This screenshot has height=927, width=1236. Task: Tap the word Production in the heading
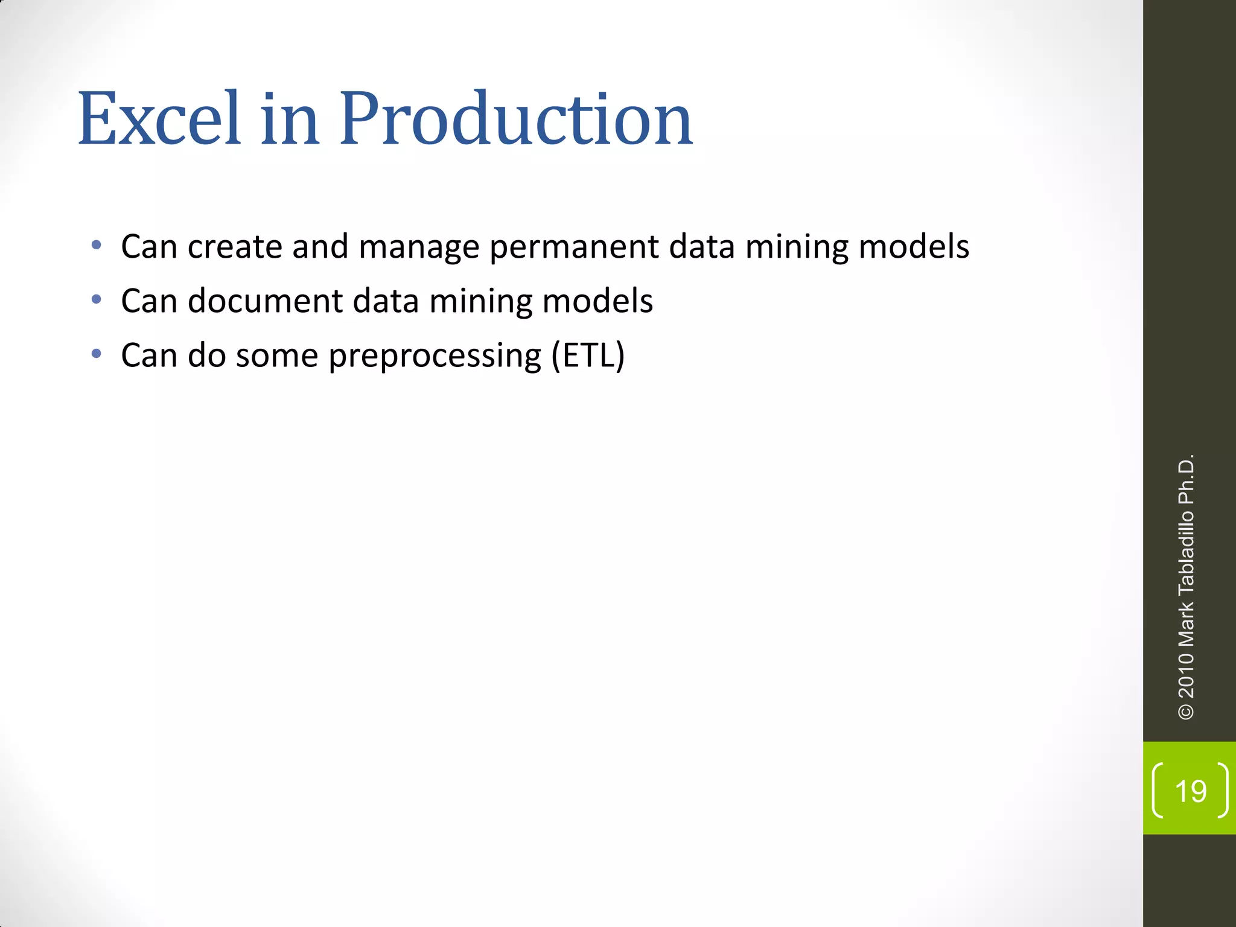[x=515, y=119]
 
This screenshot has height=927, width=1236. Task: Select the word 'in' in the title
[x=289, y=119]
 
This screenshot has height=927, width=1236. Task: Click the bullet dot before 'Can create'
[x=97, y=245]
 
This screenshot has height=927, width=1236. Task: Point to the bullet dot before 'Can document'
[x=97, y=299]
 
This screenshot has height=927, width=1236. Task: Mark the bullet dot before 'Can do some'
[x=97, y=354]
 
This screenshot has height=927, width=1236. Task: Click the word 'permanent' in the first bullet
[x=574, y=248]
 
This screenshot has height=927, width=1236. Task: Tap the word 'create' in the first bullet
[x=235, y=247]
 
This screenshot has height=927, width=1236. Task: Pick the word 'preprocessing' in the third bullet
[x=435, y=356]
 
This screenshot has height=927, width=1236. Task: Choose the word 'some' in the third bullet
[x=276, y=356]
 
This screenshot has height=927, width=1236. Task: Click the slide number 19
[x=1191, y=791]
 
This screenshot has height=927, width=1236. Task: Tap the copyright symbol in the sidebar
[x=1186, y=712]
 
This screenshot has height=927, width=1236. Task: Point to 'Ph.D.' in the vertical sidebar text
[x=1186, y=479]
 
